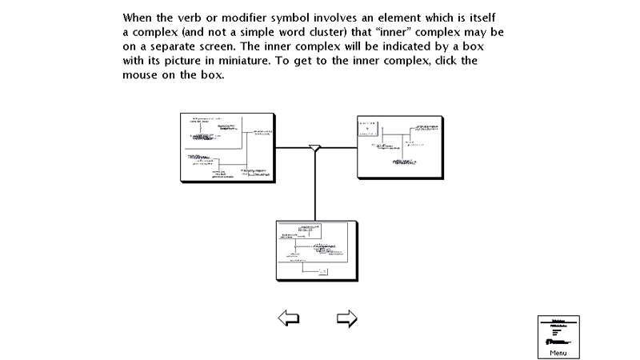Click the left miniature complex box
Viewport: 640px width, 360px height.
227,147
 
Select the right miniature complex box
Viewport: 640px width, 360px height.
397,147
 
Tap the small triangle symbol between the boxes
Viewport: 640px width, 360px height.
315,148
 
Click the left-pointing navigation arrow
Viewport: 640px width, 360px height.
288,318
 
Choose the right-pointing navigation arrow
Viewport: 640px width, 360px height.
346,318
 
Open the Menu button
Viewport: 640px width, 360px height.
558,336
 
